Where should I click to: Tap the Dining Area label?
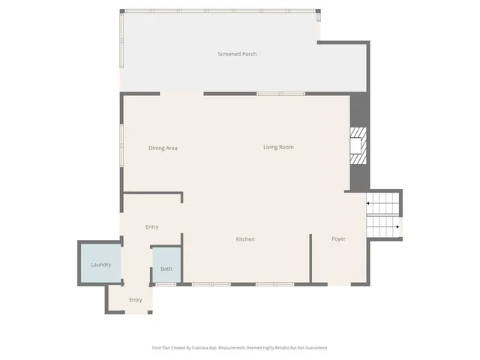(x=163, y=148)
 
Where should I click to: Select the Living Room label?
(x=278, y=147)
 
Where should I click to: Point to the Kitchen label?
(x=245, y=239)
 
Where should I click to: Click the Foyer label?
(x=339, y=239)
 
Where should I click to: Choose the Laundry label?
(x=101, y=265)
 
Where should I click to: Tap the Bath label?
(x=166, y=268)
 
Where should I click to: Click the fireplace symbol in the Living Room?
(x=359, y=145)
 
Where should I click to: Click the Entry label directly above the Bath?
(x=151, y=226)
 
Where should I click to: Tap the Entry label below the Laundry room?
(x=135, y=300)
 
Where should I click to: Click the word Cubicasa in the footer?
(x=197, y=348)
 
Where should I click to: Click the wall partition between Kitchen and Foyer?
(x=310, y=258)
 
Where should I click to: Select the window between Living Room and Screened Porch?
(x=268, y=94)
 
